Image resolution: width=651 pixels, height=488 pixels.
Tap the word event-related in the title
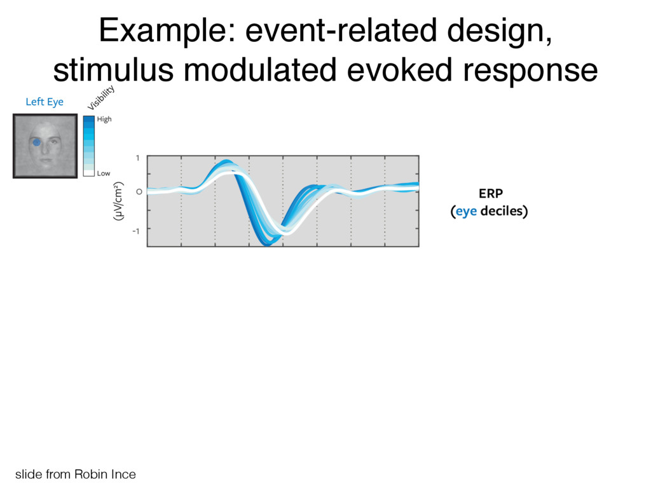point(341,30)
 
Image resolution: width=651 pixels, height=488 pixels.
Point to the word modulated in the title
point(260,70)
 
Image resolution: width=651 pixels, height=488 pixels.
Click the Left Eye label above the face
point(45,102)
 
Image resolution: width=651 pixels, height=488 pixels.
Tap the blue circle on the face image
point(36,142)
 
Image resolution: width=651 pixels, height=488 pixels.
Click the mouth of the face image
point(46,161)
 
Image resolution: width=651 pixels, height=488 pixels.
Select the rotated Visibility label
point(101,97)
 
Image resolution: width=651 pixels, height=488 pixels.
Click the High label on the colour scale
point(104,119)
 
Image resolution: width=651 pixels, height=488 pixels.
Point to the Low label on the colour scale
point(104,173)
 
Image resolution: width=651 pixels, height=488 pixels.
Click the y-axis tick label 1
point(138,158)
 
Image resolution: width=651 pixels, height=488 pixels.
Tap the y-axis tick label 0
point(139,192)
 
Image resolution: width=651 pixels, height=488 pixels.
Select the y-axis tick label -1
point(136,231)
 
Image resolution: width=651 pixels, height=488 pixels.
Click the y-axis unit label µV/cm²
point(118,201)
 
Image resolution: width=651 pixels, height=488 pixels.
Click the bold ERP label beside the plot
point(491,194)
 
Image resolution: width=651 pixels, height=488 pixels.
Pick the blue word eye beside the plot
point(466,212)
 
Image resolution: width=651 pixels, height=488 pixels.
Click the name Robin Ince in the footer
point(105,474)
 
